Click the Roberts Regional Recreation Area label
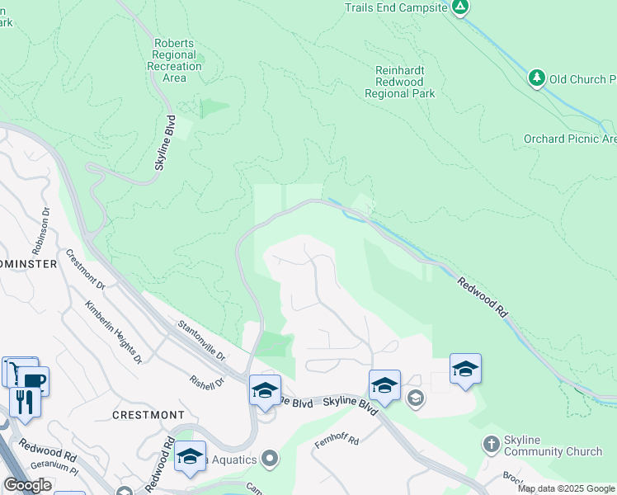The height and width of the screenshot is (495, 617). (174, 60)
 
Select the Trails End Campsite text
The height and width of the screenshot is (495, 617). (395, 7)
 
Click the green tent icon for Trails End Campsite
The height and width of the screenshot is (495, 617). (460, 7)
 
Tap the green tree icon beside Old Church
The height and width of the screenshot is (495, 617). (537, 78)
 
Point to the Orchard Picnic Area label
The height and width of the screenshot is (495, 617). (570, 139)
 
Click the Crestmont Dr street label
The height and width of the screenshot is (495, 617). (85, 269)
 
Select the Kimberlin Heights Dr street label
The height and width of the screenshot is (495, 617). (113, 331)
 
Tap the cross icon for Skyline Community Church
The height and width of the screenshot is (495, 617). (492, 445)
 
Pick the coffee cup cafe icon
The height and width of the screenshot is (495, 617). (34, 381)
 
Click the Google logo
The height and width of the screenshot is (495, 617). (27, 485)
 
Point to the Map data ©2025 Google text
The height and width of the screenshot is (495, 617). (566, 488)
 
